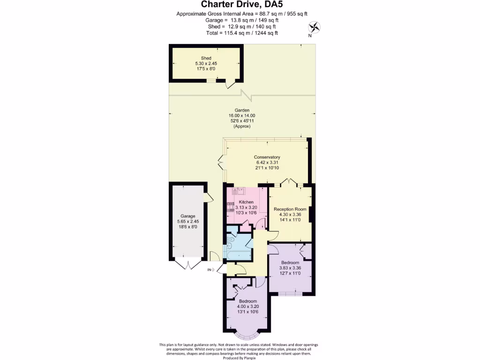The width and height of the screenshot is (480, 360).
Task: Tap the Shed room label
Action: (x=206, y=58)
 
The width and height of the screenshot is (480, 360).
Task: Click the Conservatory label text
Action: (x=267, y=157)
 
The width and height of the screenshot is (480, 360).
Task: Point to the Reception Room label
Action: (x=290, y=209)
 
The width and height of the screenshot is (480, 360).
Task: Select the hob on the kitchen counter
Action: (x=230, y=206)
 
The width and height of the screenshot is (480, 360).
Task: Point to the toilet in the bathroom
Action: (x=230, y=241)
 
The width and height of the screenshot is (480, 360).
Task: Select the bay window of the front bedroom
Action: (x=248, y=335)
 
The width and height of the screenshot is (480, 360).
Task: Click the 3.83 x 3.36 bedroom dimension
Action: (x=290, y=268)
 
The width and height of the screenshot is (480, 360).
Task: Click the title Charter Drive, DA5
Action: (x=240, y=5)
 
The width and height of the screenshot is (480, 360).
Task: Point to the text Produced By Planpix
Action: (x=240, y=357)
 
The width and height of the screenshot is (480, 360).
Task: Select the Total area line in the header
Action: (x=242, y=33)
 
